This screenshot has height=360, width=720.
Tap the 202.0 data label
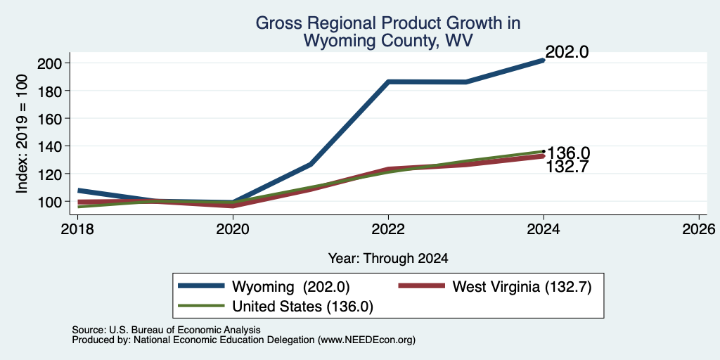click(567, 52)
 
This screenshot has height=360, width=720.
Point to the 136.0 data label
click(568, 153)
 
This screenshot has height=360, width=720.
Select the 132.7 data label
click(567, 167)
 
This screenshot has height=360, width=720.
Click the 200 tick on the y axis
click(49, 63)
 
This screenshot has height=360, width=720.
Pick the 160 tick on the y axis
click(49, 118)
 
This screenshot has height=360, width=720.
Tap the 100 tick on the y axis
click(49, 202)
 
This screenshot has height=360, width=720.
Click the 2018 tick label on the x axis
click(77, 229)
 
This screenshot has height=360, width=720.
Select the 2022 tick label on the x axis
click(388, 229)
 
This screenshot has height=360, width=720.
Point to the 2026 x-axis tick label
click(698, 229)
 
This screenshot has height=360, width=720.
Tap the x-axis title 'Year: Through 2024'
click(388, 259)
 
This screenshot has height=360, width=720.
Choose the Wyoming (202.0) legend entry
click(264, 287)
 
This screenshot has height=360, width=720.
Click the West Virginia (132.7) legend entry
click(495, 287)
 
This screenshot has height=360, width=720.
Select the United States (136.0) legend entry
click(276, 307)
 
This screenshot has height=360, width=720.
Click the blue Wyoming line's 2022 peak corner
click(388, 82)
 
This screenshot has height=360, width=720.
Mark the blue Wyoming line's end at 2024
click(544, 60)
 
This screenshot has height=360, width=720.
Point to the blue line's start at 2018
click(79, 190)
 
